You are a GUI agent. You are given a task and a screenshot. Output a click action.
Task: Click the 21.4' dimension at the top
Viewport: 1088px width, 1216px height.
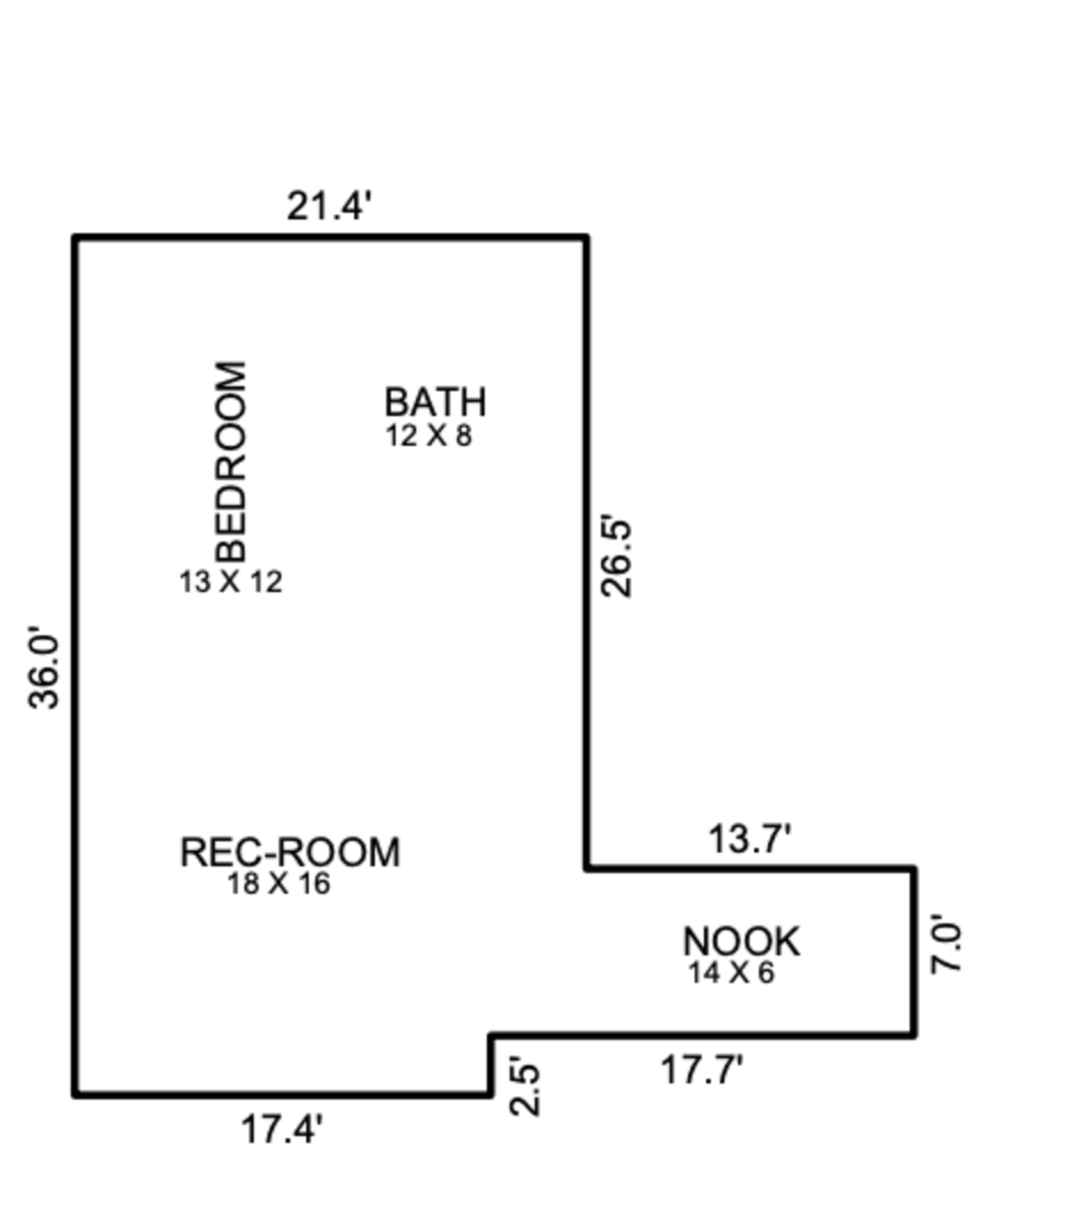(329, 205)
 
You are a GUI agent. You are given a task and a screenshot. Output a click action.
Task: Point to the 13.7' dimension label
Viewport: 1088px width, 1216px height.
(750, 838)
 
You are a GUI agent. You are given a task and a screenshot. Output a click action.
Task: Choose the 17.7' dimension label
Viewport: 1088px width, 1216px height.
(702, 1070)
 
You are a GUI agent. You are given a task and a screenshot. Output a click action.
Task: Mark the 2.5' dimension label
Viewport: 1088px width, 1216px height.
(525, 1085)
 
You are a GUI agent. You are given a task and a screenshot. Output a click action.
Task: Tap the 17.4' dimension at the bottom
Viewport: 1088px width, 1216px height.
(282, 1130)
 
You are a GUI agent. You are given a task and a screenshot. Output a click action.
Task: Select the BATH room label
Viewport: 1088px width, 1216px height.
(435, 402)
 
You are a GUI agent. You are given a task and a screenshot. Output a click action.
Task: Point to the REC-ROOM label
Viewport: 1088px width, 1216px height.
(290, 852)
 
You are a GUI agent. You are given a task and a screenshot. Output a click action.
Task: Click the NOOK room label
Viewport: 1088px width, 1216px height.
(741, 942)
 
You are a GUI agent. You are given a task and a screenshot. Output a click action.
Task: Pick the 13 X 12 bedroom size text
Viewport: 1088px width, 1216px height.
(231, 582)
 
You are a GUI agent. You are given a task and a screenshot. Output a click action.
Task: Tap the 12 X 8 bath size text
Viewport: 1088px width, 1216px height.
(428, 436)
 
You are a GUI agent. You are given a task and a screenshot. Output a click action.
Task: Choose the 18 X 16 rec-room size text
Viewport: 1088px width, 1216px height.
(279, 883)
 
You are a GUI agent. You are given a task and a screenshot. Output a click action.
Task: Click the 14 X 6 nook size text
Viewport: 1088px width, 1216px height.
(731, 973)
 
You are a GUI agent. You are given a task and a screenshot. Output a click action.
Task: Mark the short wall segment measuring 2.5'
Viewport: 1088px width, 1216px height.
(490, 1065)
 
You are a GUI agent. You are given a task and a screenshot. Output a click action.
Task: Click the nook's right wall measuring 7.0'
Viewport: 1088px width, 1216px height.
(914, 952)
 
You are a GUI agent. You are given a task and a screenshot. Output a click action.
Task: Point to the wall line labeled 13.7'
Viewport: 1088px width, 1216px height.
(750, 868)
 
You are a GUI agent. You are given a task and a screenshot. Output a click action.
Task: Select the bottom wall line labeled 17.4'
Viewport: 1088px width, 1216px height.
(282, 1094)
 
